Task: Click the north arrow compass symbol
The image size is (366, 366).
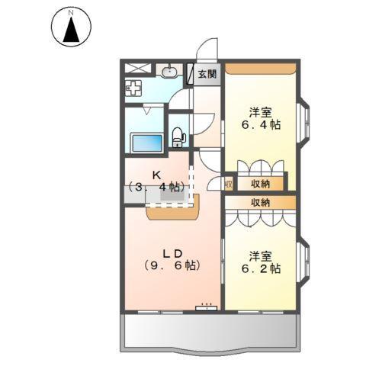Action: pos(71,28)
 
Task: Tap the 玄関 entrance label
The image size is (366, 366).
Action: pos(206,74)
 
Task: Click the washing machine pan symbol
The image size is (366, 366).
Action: pos(134,88)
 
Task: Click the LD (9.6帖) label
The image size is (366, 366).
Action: pos(172,259)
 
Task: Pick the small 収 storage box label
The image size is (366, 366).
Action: pos(229,184)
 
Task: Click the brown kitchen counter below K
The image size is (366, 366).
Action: pos(172,209)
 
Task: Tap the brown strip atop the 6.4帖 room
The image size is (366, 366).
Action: pos(260,69)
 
